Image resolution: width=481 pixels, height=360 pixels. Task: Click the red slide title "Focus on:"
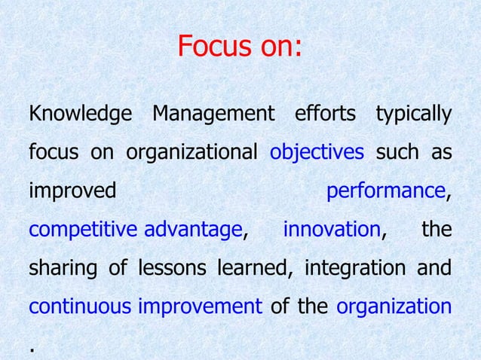pos(240,47)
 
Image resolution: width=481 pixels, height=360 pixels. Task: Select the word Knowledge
pos(79,115)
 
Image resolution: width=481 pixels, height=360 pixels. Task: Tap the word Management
pos(213,115)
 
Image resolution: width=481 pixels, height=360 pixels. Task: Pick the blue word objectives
pos(317,154)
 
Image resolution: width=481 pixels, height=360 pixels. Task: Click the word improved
pos(72,191)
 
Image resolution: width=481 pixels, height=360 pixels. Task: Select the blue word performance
pos(385,191)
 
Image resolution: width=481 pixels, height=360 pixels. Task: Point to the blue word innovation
pos(332,230)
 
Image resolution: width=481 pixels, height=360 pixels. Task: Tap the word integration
pos(350,268)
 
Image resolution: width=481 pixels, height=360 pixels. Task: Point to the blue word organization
pos(394,307)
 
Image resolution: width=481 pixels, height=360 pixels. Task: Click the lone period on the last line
pos(32,349)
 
